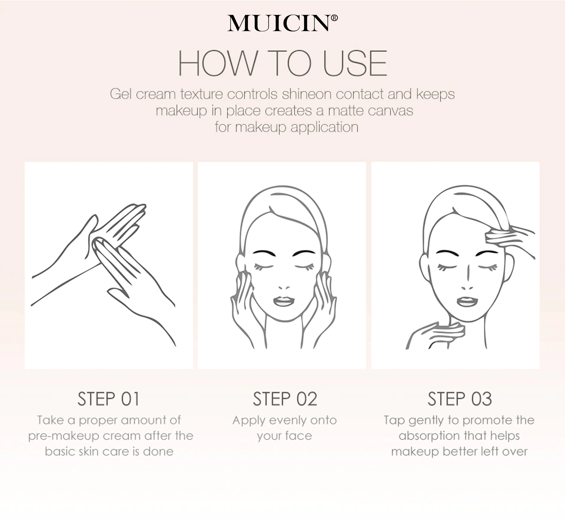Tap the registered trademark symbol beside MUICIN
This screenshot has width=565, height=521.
tap(334, 18)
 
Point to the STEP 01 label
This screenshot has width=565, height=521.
tap(109, 399)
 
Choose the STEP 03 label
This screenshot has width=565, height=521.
tap(460, 399)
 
